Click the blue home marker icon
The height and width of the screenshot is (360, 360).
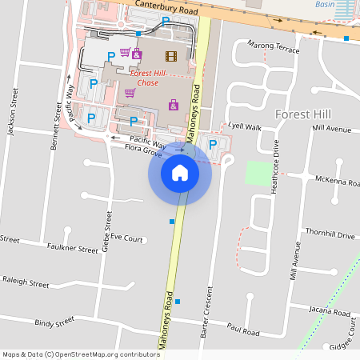tap(180, 173)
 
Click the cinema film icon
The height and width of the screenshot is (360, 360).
tap(170, 55)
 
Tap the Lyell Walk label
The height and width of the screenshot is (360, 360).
tap(245, 126)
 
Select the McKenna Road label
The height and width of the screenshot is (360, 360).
tap(337, 182)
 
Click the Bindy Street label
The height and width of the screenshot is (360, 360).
tap(54, 322)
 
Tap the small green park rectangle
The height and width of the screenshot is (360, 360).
tap(258, 174)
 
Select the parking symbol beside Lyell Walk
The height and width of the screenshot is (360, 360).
tap(212, 144)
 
